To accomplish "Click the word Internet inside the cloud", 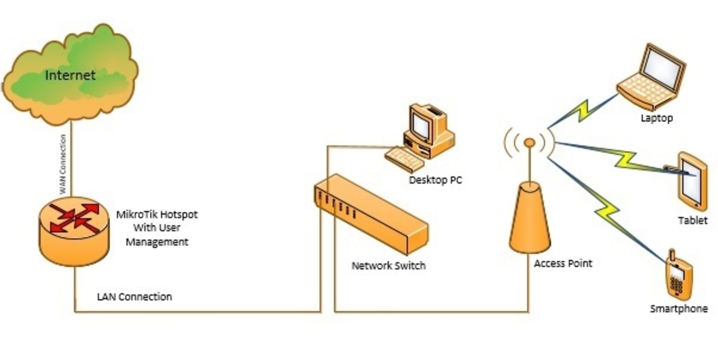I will tap(71, 75).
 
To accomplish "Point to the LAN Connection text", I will tap(135, 297).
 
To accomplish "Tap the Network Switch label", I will tap(389, 266).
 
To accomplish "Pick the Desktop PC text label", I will tap(436, 180).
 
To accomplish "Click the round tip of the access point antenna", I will tap(529, 142).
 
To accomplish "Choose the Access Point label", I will tap(563, 263).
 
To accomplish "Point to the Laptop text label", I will tap(657, 118).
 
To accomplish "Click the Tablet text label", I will tap(693, 221).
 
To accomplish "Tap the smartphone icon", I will tap(679, 276).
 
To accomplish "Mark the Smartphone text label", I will tap(679, 309).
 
